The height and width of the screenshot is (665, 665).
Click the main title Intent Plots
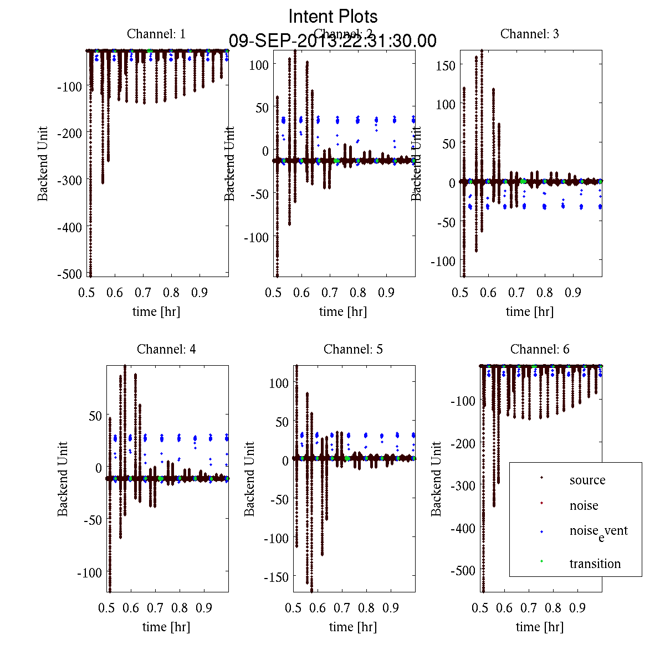(x=333, y=17)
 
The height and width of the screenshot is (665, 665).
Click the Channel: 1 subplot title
(x=156, y=34)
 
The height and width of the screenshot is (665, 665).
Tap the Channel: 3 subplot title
(x=529, y=34)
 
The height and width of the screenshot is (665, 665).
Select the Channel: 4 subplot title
(x=166, y=349)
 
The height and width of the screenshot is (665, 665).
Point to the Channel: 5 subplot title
(x=353, y=349)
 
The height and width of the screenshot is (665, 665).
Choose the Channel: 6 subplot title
(x=540, y=349)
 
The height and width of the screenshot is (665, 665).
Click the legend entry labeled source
(x=587, y=480)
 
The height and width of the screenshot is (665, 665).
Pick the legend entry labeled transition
(x=595, y=564)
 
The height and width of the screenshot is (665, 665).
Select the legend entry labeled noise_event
(x=598, y=531)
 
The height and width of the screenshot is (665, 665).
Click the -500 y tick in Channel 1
(x=69, y=274)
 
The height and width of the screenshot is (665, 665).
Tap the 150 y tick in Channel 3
(x=446, y=65)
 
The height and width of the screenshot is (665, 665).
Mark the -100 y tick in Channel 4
(x=90, y=572)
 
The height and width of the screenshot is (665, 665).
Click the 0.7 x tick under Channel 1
(x=143, y=292)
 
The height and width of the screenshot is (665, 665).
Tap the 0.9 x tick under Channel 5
(x=391, y=608)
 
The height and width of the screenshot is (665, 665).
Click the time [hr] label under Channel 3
(x=529, y=311)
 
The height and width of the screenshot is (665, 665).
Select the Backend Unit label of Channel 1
(x=43, y=163)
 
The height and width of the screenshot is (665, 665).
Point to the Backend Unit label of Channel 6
(x=437, y=479)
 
